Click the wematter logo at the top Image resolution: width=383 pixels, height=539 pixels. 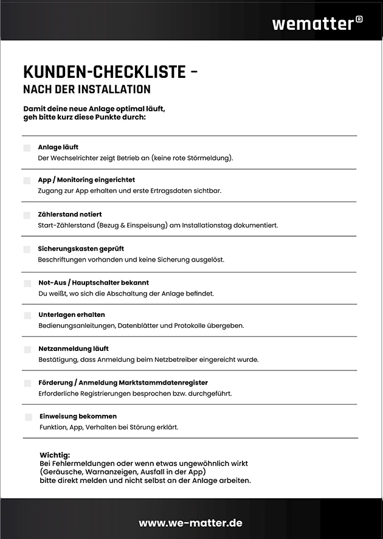tap(312, 24)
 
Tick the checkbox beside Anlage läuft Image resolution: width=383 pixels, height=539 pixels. tap(27, 148)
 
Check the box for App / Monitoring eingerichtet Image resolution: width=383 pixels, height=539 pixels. tap(27, 181)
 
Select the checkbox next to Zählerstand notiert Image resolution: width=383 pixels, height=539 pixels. tap(27, 215)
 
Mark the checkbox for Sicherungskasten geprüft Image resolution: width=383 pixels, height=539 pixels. tap(27, 249)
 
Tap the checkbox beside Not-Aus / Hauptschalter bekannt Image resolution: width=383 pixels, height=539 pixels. tap(27, 283)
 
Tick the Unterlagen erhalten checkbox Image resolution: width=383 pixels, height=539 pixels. tap(27, 316)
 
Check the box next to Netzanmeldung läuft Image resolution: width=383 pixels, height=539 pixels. tap(27, 350)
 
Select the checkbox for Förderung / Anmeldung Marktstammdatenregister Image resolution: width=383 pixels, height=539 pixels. tap(27, 383)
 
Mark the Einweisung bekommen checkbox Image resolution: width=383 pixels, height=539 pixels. tap(29, 417)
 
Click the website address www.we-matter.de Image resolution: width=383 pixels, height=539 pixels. tap(191, 523)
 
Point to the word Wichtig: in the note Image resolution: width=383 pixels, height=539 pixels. tap(55, 455)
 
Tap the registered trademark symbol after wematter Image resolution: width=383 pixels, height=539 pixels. tap(359, 19)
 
